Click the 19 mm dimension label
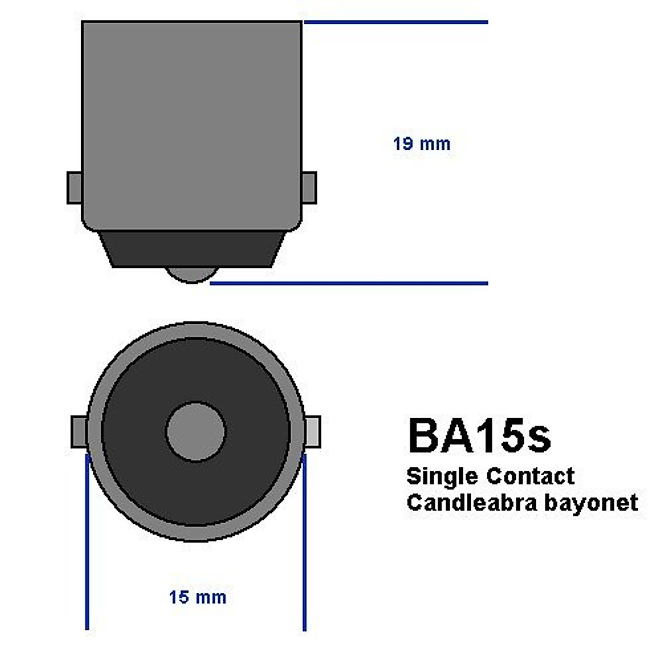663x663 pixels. pyautogui.click(x=422, y=144)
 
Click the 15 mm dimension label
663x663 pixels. pyautogui.click(x=197, y=597)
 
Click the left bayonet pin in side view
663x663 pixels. pyautogui.click(x=75, y=188)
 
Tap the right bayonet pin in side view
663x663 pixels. pyautogui.click(x=309, y=188)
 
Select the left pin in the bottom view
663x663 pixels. pyautogui.click(x=78, y=432)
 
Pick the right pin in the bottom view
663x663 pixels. pyautogui.click(x=313, y=432)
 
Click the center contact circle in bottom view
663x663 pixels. pyautogui.click(x=196, y=432)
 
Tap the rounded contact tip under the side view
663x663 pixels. pyautogui.click(x=191, y=275)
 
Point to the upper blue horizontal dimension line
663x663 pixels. pyautogui.click(x=396, y=23)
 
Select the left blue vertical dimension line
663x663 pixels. pyautogui.click(x=87, y=541)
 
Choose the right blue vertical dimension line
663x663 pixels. pyautogui.click(x=304, y=541)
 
